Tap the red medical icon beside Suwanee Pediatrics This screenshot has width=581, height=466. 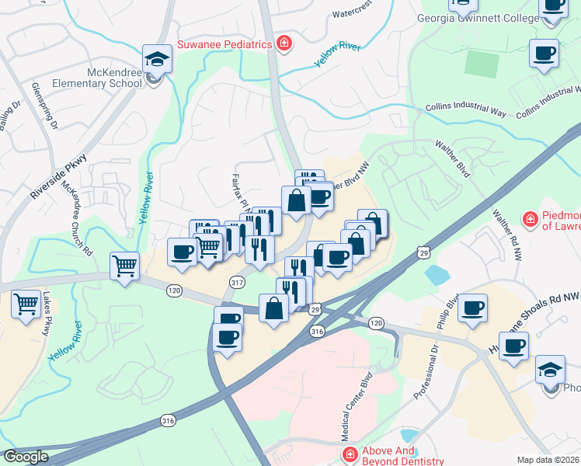(284, 43)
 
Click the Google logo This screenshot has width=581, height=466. (26, 456)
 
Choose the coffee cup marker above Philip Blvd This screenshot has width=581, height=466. (472, 308)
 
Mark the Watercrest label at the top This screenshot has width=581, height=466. (353, 13)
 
